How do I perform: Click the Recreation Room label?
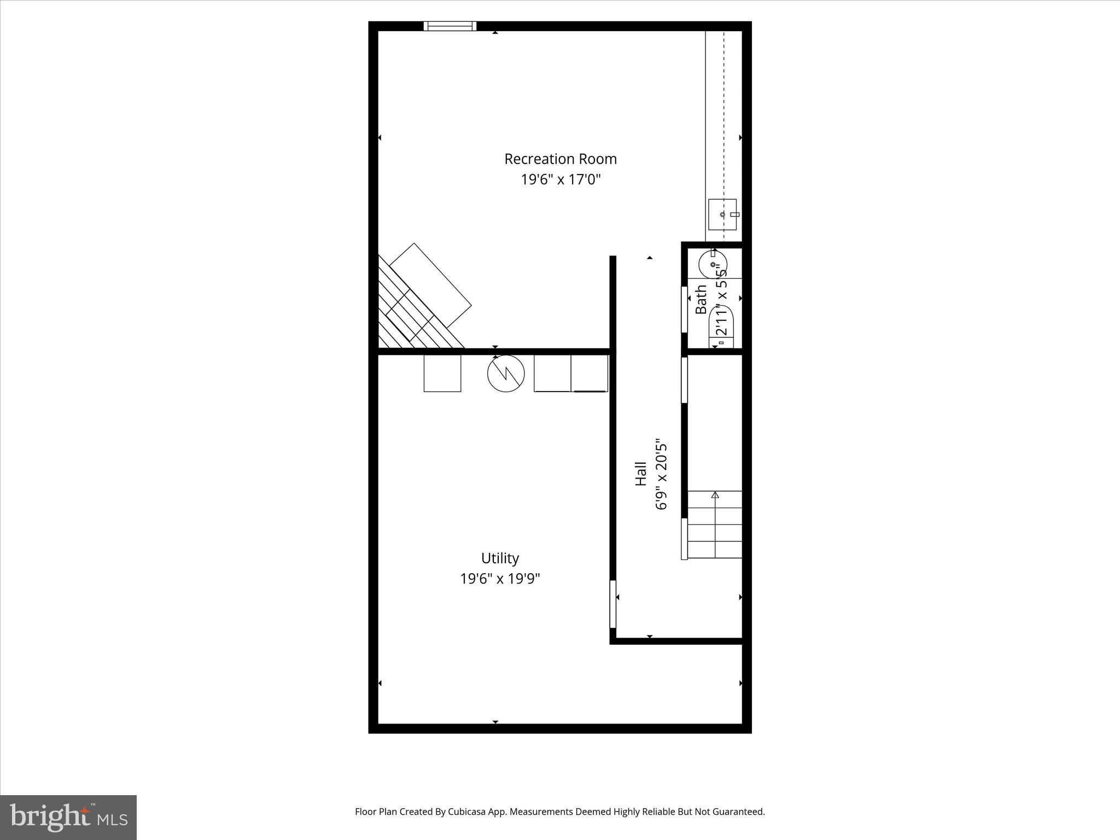560,159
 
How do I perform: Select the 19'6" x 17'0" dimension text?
560,180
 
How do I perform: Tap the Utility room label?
500,558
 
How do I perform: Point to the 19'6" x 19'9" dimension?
500,579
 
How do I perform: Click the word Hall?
641,474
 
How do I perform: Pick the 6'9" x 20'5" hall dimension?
662,474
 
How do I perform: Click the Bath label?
701,299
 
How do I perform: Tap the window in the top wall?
450,26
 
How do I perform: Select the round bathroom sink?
713,265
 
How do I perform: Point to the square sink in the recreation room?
722,214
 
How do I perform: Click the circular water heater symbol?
506,374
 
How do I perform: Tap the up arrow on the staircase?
715,495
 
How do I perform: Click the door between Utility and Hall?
613,604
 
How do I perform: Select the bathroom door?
684,309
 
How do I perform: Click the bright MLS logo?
68,817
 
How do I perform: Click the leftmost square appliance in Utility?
442,373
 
